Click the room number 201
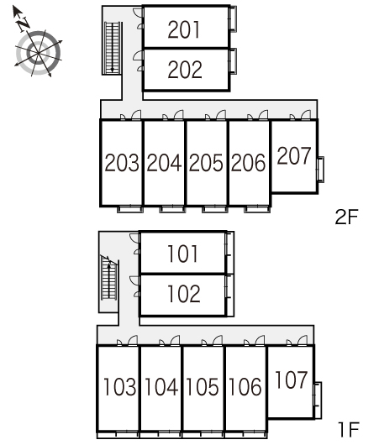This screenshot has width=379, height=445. (184, 29)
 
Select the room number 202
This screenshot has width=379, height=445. (185, 70)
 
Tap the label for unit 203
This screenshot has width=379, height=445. (122, 163)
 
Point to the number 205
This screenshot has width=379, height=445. (206, 163)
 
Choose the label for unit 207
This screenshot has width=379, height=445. (294, 155)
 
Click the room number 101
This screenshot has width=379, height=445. (182, 254)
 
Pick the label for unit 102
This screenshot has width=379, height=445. (184, 294)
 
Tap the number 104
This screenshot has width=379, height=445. (161, 386)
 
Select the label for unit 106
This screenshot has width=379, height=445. (245, 386)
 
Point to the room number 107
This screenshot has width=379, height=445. (292, 380)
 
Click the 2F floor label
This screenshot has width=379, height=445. (346, 217)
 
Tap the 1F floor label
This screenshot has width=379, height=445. (349, 429)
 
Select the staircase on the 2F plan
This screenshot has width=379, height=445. (113, 47)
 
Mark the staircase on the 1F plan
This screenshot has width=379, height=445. (109, 278)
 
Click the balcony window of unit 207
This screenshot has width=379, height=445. (321, 169)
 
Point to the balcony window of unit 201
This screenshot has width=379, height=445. (233, 18)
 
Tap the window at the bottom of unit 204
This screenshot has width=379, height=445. (172, 209)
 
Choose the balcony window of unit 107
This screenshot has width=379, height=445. (318, 400)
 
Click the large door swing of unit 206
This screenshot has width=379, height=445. (263, 114)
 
